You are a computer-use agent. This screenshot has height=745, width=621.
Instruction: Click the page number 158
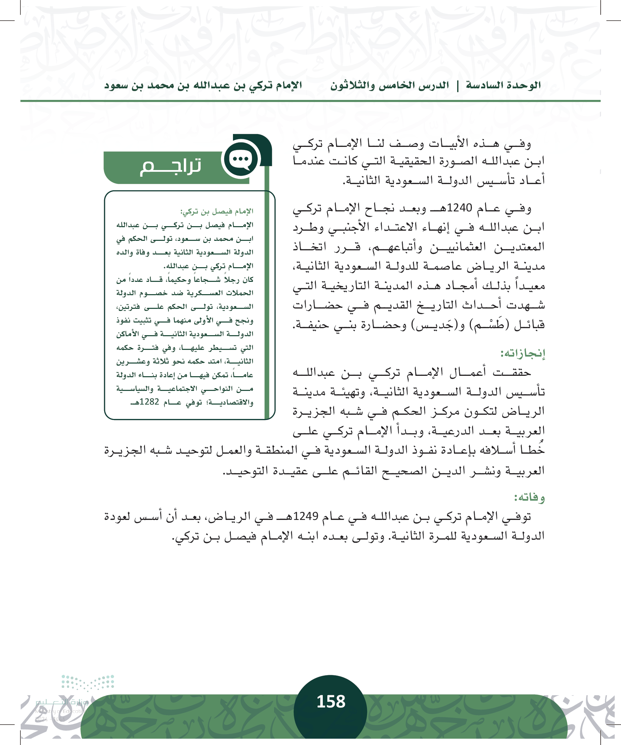[x=330, y=702]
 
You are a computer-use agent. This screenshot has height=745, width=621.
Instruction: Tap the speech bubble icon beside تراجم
[x=241, y=160]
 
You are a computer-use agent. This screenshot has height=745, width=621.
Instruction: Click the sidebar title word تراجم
[x=171, y=167]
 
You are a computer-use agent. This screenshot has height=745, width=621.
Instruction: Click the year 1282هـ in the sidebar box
[x=146, y=402]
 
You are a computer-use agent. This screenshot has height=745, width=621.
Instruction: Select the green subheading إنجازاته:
[x=522, y=353]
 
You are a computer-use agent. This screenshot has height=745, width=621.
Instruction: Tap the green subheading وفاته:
[x=529, y=497]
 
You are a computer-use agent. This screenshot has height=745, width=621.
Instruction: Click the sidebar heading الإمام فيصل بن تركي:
[x=216, y=212]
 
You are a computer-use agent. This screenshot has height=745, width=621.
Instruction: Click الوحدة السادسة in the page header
[x=503, y=86]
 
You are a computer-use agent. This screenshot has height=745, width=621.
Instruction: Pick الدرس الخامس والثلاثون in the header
[x=389, y=86]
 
